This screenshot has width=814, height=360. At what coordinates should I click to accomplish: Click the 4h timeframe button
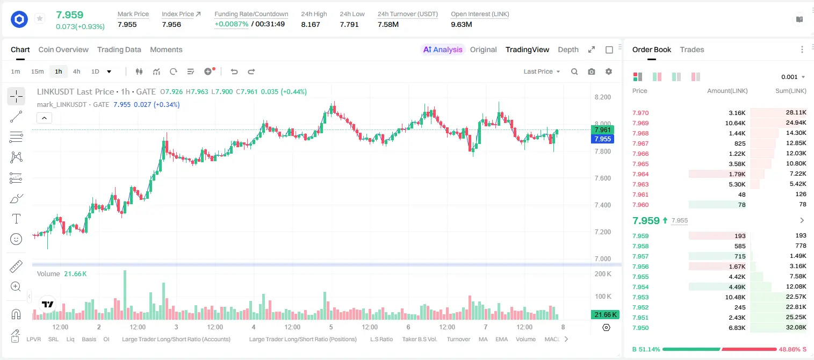pyautogui.click(x=76, y=71)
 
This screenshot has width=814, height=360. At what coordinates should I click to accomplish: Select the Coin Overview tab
pyautogui.click(x=63, y=49)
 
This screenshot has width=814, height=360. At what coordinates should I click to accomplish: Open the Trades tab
pyautogui.click(x=692, y=49)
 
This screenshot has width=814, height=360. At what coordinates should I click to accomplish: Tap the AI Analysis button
pyautogui.click(x=443, y=49)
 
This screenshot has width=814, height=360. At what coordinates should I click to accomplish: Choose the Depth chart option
pyautogui.click(x=568, y=49)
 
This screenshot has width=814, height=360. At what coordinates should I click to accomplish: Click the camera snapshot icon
pyautogui.click(x=592, y=71)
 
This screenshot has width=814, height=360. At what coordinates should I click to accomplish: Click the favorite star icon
pyautogui.click(x=40, y=18)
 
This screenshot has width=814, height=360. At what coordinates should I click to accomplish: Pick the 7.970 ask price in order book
pyautogui.click(x=640, y=113)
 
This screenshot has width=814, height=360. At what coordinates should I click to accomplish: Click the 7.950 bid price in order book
pyautogui.click(x=640, y=328)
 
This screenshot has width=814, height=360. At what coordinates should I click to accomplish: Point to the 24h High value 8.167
pyautogui.click(x=311, y=24)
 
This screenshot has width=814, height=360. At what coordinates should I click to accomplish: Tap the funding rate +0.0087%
pyautogui.click(x=232, y=24)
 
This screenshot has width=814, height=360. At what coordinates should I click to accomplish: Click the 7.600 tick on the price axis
pyautogui.click(x=602, y=178)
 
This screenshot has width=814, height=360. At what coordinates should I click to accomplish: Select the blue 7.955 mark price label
pyautogui.click(x=602, y=139)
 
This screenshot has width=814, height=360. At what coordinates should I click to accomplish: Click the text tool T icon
pyautogui.click(x=16, y=219)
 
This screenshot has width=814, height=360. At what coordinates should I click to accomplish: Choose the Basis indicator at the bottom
pyautogui.click(x=89, y=339)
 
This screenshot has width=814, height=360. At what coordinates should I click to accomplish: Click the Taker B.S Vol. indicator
pyautogui.click(x=419, y=339)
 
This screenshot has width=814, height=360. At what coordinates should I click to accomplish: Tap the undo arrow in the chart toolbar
pyautogui.click(x=234, y=71)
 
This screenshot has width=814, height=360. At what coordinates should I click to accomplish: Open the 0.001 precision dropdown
pyautogui.click(x=793, y=77)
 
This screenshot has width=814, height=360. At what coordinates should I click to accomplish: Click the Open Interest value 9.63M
pyautogui.click(x=461, y=24)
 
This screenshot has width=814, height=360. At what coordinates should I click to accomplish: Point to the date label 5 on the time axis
pyautogui.click(x=330, y=327)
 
